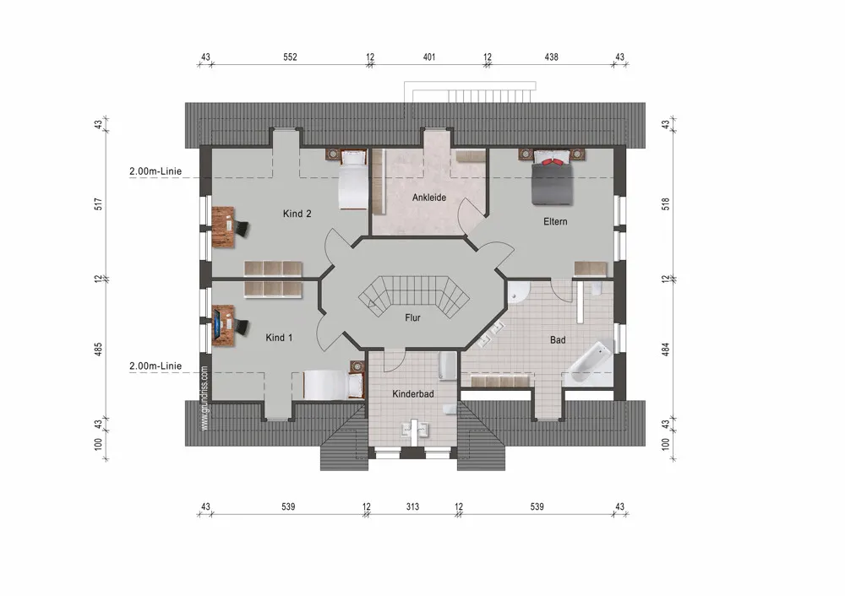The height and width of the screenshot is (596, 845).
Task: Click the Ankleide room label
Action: pos(429,198)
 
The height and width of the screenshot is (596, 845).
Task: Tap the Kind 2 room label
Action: pos(297,214)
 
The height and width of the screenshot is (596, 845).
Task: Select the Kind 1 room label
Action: pos(279,338)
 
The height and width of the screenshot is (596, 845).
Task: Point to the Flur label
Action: pos(413,317)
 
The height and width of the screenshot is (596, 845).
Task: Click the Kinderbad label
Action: pos(413,393)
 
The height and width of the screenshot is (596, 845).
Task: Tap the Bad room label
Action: pos(558,339)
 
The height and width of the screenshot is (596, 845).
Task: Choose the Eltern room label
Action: pos(555,221)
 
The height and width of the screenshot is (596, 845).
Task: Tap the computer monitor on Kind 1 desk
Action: pos(216,325)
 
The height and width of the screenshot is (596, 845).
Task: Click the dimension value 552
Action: pos(290,57)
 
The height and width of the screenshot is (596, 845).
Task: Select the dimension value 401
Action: pos(429,57)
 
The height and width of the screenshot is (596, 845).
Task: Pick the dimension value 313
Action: pos(412,507)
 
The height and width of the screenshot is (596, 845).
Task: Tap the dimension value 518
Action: pos(666,204)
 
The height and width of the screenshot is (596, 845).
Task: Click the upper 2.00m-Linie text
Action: pos(155,171)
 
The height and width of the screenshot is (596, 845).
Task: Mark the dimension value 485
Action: pos(98,349)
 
